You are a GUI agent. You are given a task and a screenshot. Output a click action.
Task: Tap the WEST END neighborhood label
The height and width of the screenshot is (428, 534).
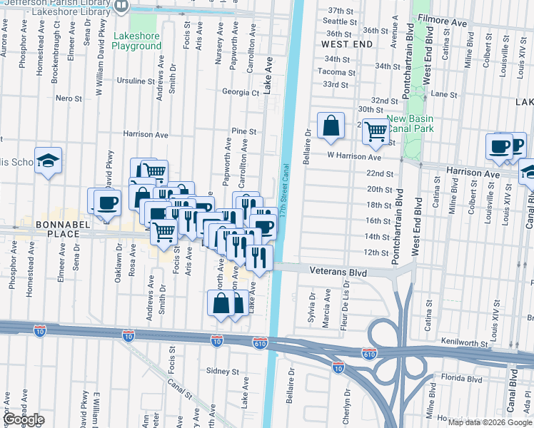(x=347, y=44)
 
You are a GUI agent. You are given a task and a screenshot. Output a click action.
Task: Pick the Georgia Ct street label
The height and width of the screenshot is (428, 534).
(x=240, y=92)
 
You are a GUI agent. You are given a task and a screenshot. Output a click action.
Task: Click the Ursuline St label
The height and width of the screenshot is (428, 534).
(x=136, y=81)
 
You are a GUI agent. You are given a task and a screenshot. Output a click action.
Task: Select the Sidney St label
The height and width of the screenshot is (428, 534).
(x=223, y=372)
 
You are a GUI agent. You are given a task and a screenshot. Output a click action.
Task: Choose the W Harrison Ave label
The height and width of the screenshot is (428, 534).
(x=354, y=156)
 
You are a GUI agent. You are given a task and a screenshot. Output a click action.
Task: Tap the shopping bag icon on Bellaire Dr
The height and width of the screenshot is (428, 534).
(x=331, y=126)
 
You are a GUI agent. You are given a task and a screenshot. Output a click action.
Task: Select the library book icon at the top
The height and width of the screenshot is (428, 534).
(x=121, y=6)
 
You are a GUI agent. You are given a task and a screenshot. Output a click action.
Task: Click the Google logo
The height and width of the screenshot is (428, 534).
(x=23, y=419)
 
